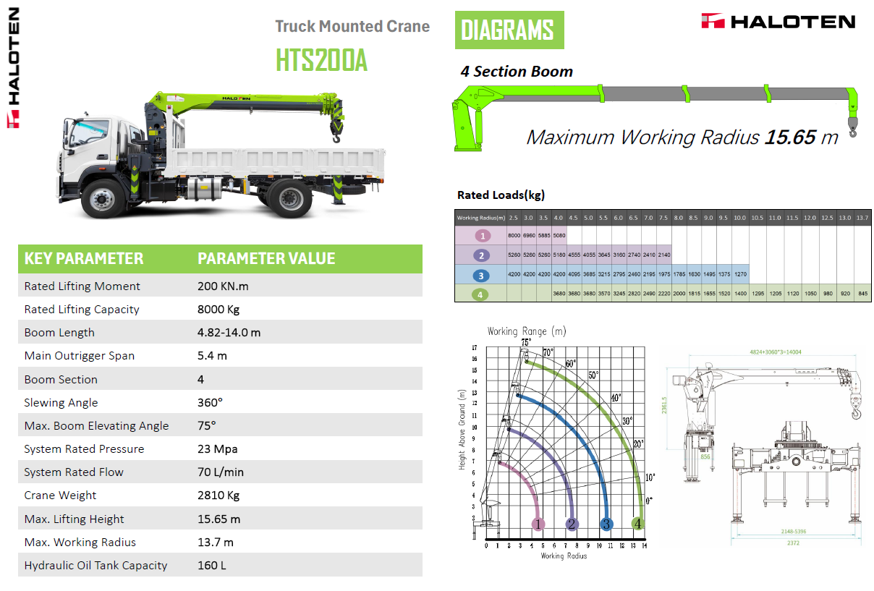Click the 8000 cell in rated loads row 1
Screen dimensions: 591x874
(x=514, y=236)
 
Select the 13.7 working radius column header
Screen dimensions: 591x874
(x=862, y=218)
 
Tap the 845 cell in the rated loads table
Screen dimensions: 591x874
(x=862, y=294)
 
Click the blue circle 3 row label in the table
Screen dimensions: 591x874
(x=480, y=275)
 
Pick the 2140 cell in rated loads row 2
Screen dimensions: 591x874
(x=664, y=255)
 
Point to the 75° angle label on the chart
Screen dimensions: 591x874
(x=526, y=341)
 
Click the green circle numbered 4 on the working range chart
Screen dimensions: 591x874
(x=638, y=524)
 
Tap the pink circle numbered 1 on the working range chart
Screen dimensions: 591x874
(x=538, y=524)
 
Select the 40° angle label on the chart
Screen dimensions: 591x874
(x=616, y=397)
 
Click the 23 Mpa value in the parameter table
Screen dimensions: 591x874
(x=218, y=449)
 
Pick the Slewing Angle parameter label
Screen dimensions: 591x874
(x=61, y=403)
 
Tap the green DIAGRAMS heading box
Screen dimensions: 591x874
(x=509, y=30)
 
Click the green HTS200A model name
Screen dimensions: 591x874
(x=321, y=60)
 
